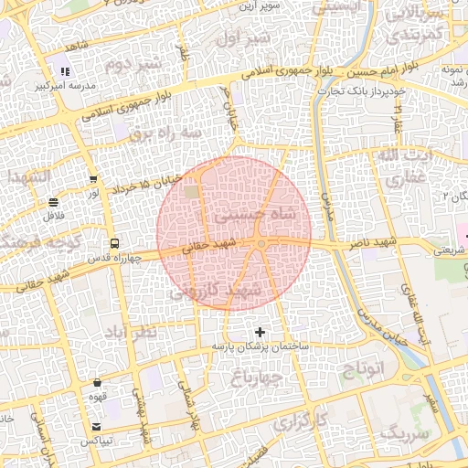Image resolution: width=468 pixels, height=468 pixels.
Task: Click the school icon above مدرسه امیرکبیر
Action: pyautogui.click(x=64, y=71)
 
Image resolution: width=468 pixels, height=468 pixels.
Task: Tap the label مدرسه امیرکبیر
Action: pyautogui.click(x=65, y=85)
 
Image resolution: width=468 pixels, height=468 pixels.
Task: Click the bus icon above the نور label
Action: pyautogui.click(x=92, y=179)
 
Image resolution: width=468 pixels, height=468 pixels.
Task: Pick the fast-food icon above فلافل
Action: pyautogui.click(x=54, y=202)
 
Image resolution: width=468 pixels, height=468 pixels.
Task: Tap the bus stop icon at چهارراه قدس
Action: pyautogui.click(x=114, y=244)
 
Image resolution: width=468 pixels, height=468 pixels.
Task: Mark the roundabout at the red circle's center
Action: pyautogui.click(x=262, y=244)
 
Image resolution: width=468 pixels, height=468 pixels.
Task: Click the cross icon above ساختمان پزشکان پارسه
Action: pyautogui.click(x=261, y=332)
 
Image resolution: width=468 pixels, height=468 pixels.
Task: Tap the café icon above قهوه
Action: pyautogui.click(x=98, y=383)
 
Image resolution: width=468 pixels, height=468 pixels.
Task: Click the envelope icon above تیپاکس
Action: pyautogui.click(x=97, y=427)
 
